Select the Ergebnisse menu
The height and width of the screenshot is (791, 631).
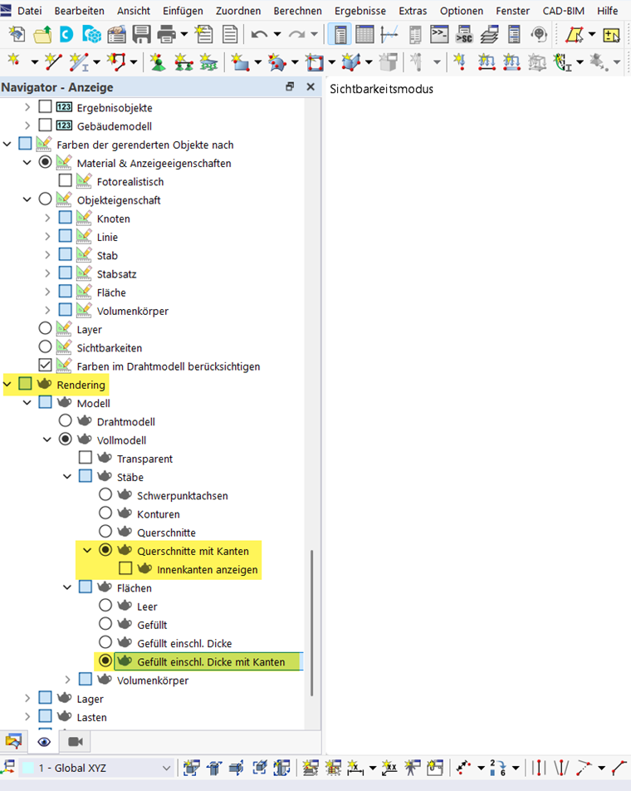click(x=360, y=11)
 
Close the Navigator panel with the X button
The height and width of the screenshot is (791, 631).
click(x=311, y=87)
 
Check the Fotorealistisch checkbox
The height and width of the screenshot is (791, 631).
click(x=66, y=181)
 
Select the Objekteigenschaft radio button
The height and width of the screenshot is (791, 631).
click(x=46, y=200)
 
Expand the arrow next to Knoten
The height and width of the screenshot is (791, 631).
click(x=47, y=219)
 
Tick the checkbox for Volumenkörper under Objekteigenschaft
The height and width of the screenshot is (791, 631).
click(x=66, y=311)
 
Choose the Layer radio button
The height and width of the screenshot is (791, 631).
click(x=46, y=329)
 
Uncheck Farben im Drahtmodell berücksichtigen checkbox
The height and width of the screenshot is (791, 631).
click(x=46, y=366)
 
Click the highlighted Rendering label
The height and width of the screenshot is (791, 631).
click(x=81, y=385)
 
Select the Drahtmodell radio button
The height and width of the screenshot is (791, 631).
click(x=66, y=421)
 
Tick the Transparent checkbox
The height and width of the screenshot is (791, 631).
click(x=86, y=458)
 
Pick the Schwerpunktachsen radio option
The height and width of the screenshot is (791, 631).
click(x=105, y=495)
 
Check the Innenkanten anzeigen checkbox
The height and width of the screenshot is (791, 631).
click(x=125, y=569)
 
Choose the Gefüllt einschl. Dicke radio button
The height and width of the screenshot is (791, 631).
click(x=105, y=643)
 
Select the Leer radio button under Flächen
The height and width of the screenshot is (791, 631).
click(x=105, y=607)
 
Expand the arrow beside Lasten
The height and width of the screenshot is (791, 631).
click(x=27, y=717)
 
